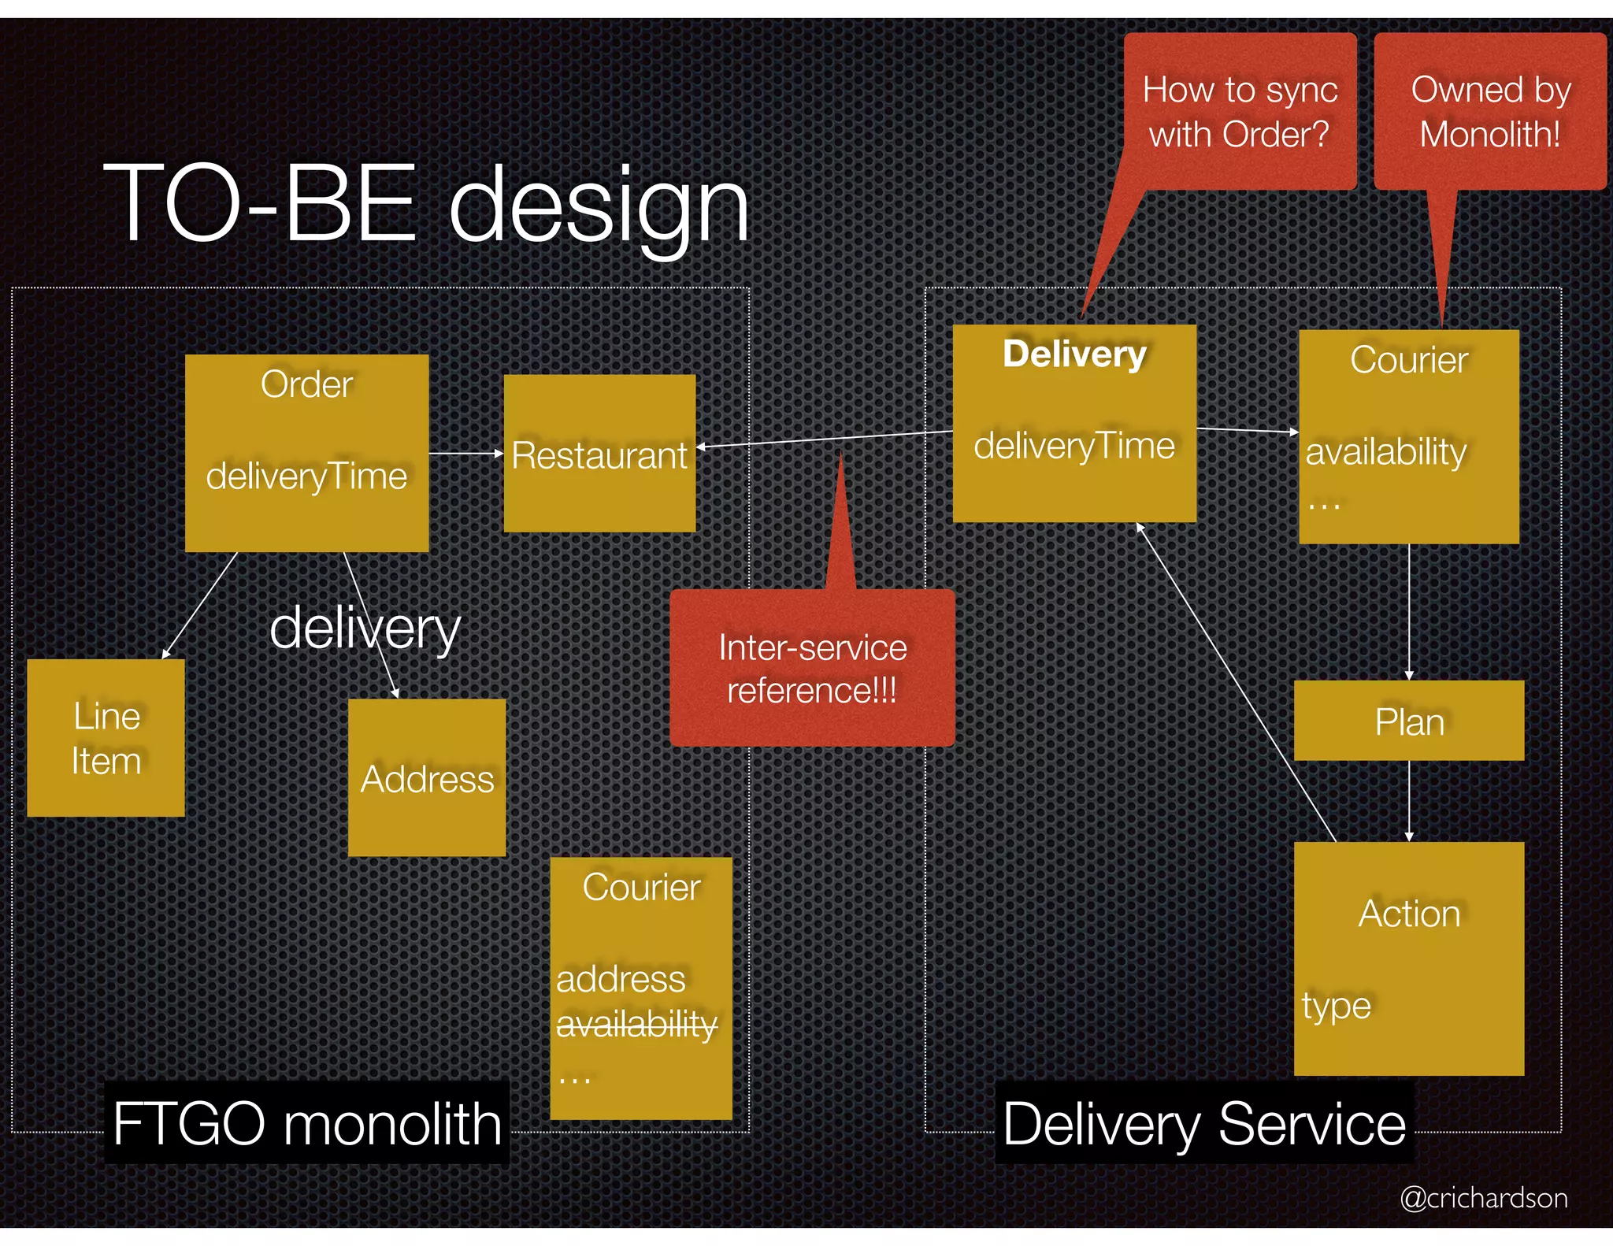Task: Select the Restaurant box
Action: [599, 454]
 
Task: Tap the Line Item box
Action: [106, 738]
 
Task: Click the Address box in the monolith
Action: [427, 778]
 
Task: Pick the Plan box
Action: [1409, 721]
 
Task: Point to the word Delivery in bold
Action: [1074, 354]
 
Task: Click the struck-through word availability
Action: [636, 1024]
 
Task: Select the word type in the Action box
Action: [1336, 1006]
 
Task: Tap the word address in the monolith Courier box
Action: [621, 979]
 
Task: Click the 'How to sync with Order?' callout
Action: [1240, 111]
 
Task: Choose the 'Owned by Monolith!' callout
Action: [1490, 111]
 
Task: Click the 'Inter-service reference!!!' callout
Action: [812, 669]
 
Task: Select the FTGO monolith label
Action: [307, 1123]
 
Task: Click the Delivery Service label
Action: [1204, 1123]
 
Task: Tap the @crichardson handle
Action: [1483, 1198]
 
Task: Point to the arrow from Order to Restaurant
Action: [465, 454]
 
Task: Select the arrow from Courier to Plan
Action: [1409, 611]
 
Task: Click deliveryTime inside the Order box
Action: [306, 477]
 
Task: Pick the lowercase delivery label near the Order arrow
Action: [364, 629]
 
